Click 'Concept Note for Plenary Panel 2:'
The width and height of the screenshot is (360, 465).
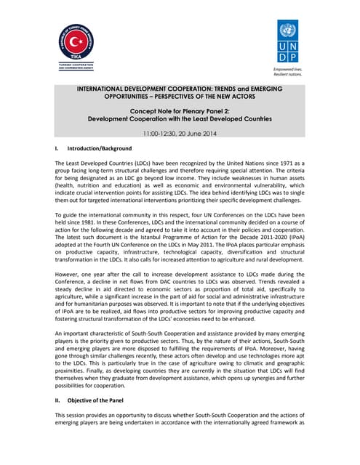178,108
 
